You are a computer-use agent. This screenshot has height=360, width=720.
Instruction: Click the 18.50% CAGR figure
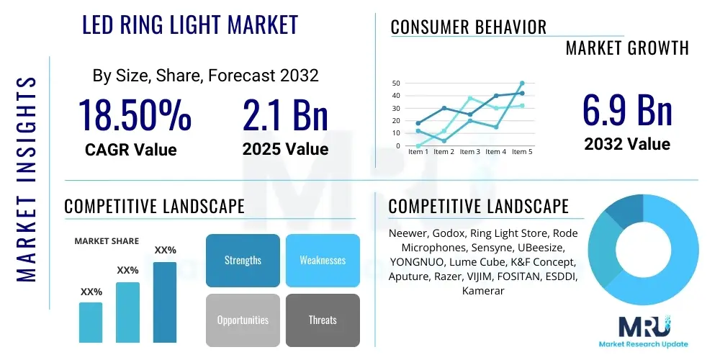135,114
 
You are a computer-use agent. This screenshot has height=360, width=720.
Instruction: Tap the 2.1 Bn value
285,114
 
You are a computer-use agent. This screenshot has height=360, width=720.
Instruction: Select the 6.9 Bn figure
627,110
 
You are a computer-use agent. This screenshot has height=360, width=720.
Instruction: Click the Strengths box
243,261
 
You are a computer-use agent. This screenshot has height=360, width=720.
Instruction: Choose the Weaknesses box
323,261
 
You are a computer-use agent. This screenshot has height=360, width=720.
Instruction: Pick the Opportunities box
243,320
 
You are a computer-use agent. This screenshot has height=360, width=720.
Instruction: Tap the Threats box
323,320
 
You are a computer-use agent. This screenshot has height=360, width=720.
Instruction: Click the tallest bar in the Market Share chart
165,302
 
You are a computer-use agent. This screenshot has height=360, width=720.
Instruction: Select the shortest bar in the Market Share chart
91,323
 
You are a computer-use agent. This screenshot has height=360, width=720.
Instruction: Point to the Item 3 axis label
469,151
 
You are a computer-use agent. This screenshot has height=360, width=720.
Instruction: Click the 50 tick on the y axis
396,83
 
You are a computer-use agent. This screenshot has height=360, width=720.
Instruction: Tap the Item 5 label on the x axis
522,151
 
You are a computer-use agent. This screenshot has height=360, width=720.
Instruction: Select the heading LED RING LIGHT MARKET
190,24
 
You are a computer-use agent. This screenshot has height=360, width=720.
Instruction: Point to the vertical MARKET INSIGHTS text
26,179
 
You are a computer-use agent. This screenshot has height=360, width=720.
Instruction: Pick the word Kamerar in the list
483,291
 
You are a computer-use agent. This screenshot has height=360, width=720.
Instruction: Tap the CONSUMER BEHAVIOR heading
469,27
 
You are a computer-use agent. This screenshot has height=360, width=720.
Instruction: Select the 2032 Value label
627,144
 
